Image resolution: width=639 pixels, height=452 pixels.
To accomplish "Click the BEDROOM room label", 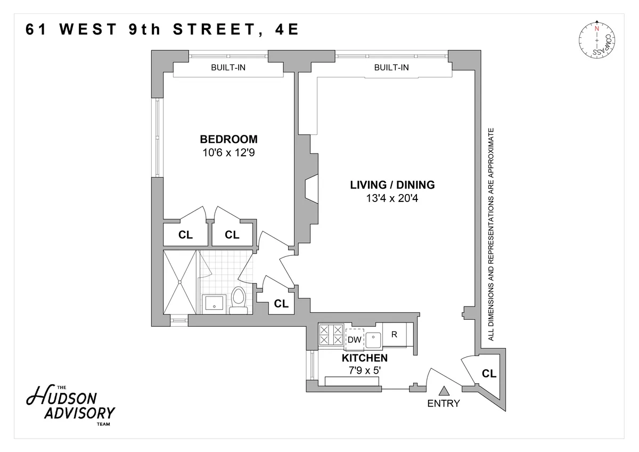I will (x=228, y=139).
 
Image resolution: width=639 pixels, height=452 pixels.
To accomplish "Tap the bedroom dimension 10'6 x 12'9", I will (x=228, y=152).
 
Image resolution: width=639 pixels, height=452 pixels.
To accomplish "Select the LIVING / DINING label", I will (x=392, y=185).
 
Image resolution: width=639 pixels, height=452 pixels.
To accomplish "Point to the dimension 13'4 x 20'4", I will (x=392, y=198).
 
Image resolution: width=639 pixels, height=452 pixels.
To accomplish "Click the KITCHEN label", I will (x=364, y=358).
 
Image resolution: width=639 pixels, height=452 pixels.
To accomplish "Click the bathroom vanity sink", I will (x=214, y=303).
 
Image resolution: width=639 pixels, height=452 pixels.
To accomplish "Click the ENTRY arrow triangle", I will (x=443, y=391).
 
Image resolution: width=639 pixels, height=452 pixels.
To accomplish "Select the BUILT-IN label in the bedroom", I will (x=228, y=68).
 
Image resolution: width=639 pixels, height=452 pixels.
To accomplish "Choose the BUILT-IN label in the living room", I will (x=391, y=68).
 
